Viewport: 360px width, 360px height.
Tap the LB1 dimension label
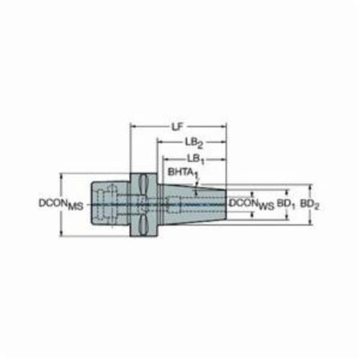coord(196,159)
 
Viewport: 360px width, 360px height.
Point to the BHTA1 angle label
coord(184,173)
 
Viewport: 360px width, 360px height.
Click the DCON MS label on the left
coord(61,204)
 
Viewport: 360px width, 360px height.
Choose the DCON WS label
coord(252,204)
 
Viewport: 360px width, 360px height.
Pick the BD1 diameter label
coord(286,204)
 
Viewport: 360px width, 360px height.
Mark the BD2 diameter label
coord(310,204)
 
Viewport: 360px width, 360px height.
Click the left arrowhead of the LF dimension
coord(132,126)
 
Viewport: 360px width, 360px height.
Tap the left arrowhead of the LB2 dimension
coord(160,142)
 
